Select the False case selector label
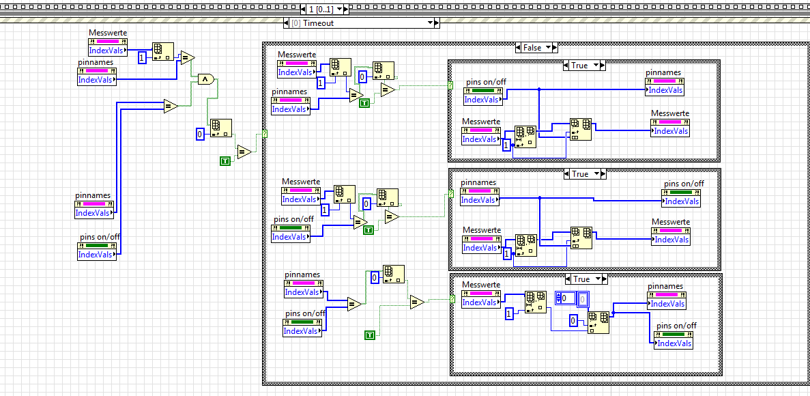pos(532,48)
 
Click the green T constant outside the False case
pos(225,160)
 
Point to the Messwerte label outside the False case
pos(108,33)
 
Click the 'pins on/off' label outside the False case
pos(95,237)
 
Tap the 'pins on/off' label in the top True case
pos(486,82)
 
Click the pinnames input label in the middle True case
pos(478,182)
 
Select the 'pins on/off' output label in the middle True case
pos(684,183)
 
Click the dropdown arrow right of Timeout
pos(431,23)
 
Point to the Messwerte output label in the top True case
pos(669,113)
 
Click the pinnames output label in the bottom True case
pos(665,286)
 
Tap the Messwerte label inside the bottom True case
pos(481,285)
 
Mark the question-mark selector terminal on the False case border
pos(264,134)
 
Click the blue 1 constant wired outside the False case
pos(142,58)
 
